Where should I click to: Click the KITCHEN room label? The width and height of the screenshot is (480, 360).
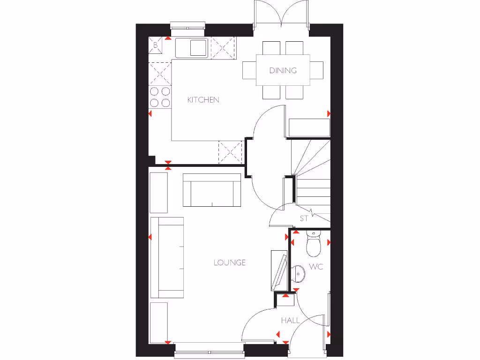pyautogui.click(x=203, y=100)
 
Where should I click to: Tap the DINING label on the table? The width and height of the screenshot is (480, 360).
pyautogui.click(x=283, y=71)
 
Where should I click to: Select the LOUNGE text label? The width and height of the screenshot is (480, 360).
pyautogui.click(x=230, y=262)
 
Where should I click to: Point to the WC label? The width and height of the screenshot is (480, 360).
pyautogui.click(x=316, y=267)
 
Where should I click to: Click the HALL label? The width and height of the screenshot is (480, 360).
pyautogui.click(x=290, y=321)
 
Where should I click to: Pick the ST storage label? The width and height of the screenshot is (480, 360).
pyautogui.click(x=304, y=218)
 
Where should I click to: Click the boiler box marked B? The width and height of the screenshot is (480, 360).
pyautogui.click(x=156, y=45)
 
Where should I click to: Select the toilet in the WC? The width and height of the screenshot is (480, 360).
pyautogui.click(x=312, y=244)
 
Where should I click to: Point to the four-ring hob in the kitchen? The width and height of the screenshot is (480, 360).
pyautogui.click(x=160, y=97)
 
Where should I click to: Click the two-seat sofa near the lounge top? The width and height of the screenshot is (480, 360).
pyautogui.click(x=212, y=190)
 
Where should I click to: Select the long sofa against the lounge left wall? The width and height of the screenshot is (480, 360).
pyautogui.click(x=167, y=258)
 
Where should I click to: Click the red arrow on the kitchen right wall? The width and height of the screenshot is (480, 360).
pyautogui.click(x=329, y=114)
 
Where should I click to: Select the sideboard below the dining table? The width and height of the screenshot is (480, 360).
pyautogui.click(x=309, y=128)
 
